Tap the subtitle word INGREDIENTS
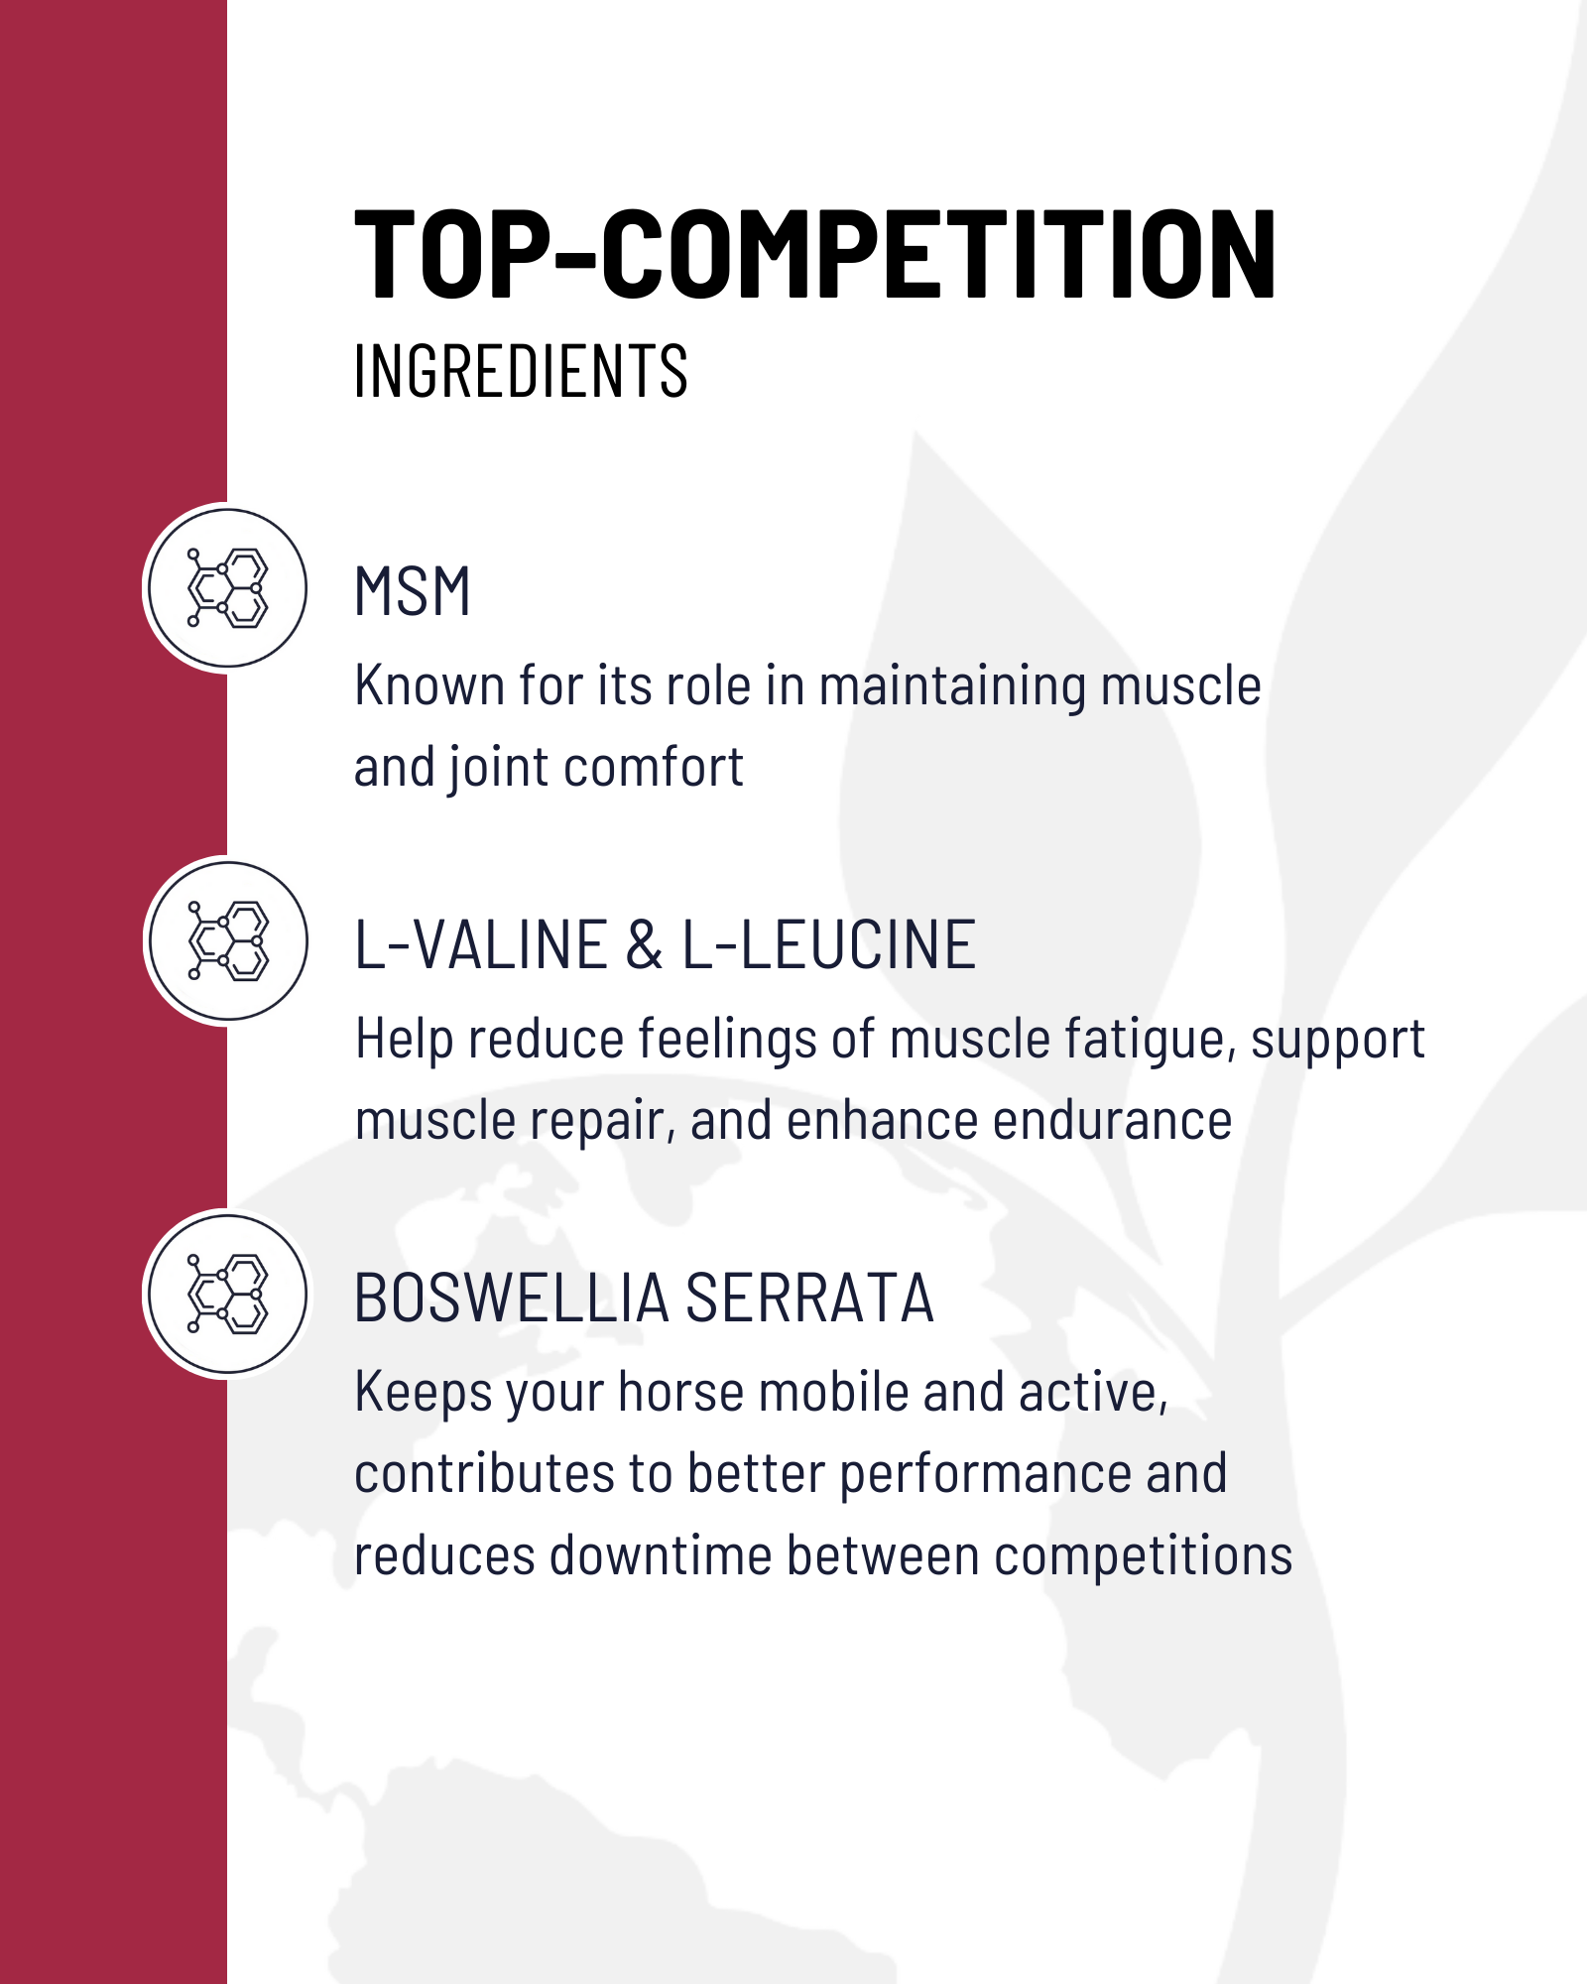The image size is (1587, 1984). [521, 372]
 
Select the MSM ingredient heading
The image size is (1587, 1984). [412, 591]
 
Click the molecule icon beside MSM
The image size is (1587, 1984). [227, 587]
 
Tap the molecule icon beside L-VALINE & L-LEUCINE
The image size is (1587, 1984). [227, 940]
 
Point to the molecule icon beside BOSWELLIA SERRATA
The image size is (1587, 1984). [227, 1294]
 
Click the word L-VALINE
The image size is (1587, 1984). [481, 944]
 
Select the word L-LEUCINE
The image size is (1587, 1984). [828, 944]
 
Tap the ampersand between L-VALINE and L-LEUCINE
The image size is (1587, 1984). [645, 944]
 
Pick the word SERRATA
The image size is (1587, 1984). [809, 1298]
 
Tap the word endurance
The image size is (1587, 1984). [1112, 1121]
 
